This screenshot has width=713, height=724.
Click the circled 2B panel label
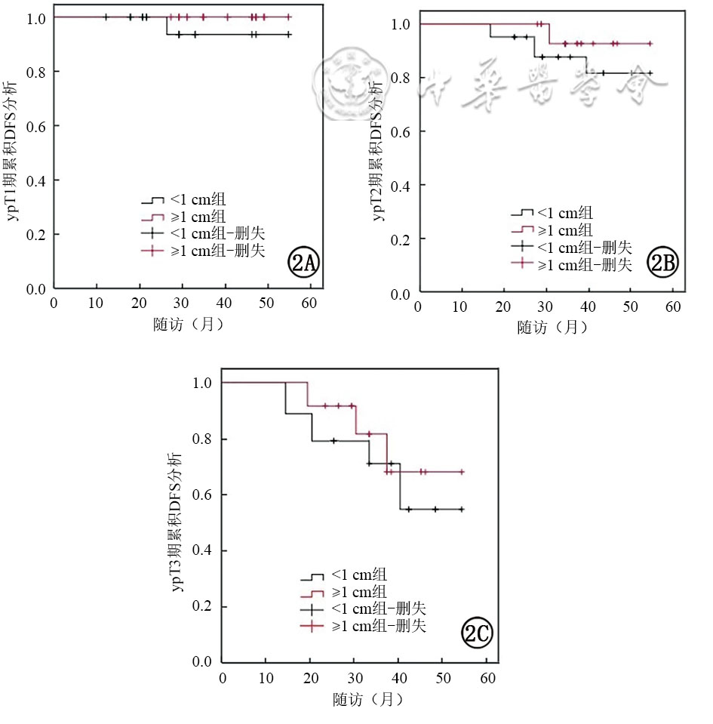click(x=665, y=263)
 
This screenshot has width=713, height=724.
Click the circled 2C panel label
click(x=477, y=635)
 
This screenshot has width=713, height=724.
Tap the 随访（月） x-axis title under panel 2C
click(x=368, y=698)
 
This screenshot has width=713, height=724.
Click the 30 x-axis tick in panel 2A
click(x=182, y=303)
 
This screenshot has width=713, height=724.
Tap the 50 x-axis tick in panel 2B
click(x=630, y=307)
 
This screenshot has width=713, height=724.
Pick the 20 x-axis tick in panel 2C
click(x=310, y=676)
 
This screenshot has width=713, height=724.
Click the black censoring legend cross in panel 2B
click(x=521, y=247)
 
